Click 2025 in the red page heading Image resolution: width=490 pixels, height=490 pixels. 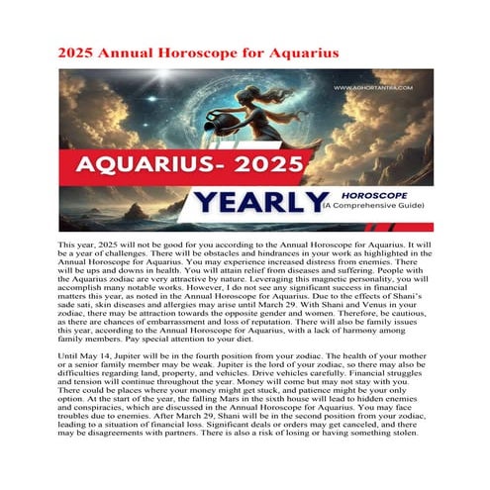(x=80, y=50)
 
